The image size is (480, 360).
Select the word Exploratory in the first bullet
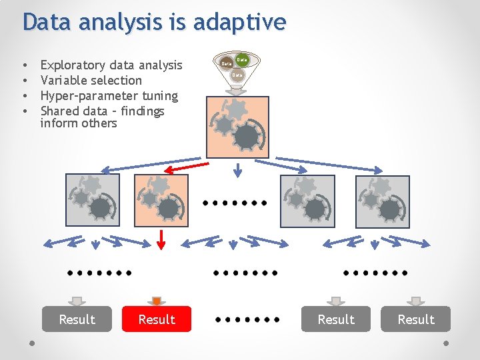72,65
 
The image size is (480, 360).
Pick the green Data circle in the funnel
243,60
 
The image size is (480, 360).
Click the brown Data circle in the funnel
227,63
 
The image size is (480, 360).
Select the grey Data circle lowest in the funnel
237,75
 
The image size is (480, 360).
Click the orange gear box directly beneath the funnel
238,127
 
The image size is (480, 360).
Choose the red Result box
157,319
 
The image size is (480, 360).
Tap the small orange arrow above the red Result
157,301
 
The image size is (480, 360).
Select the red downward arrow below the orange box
160,239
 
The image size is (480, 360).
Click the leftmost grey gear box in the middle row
93,200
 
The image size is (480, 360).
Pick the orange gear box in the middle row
161,200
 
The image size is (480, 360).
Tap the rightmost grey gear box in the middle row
383,201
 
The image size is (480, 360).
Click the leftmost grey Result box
77,319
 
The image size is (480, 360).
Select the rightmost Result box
416,319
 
